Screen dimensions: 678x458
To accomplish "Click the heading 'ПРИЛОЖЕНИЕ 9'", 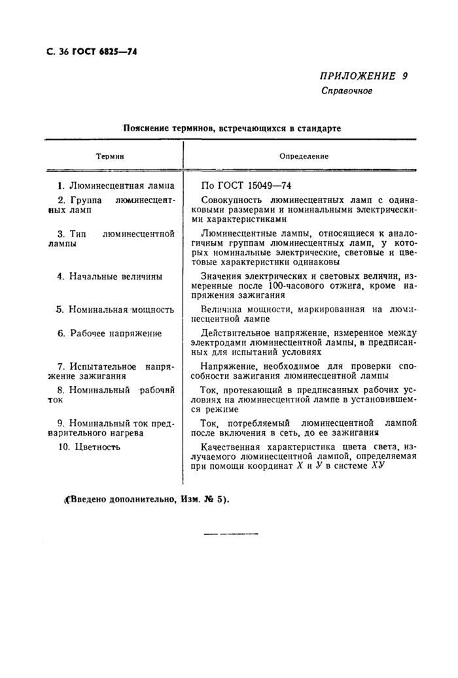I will point(363,76).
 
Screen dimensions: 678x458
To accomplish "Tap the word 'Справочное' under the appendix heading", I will point(346,91).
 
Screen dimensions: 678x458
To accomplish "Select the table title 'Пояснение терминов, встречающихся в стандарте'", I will point(232,129).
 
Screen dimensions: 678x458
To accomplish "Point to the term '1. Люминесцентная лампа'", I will point(115,186).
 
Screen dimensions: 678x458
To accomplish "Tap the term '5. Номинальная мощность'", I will point(115,309).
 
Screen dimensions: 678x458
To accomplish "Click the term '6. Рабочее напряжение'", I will point(109,333).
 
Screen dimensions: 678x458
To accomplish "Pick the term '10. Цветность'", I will point(90,447).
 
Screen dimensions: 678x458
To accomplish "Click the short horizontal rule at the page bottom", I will point(231,534).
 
